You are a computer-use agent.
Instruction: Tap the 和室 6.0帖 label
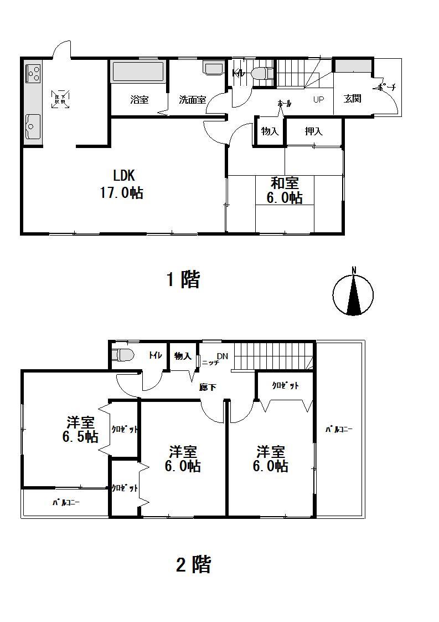click(285, 190)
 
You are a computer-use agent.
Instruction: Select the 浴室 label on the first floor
click(139, 100)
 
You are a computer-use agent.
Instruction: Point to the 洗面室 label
click(192, 100)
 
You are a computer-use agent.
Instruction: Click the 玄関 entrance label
click(352, 99)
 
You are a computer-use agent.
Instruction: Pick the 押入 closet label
click(313, 131)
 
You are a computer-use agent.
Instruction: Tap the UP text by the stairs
click(319, 100)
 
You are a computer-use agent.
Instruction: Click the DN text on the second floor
click(222, 356)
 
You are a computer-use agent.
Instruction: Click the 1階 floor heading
click(183, 279)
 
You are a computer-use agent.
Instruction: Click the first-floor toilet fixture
click(261, 73)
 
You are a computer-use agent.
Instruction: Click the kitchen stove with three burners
click(33, 73)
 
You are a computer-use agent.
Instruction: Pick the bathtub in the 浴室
click(138, 73)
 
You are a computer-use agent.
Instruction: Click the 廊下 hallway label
click(208, 388)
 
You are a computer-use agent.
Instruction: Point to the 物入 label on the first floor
click(270, 131)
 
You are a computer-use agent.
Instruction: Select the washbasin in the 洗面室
click(213, 68)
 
